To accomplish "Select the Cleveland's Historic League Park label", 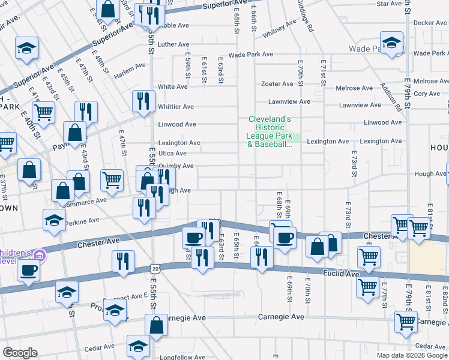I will click(x=270, y=131).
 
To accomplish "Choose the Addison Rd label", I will click(x=390, y=98).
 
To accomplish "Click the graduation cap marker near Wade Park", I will click(x=392, y=43).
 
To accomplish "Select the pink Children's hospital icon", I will click(x=40, y=256).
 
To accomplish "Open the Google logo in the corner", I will click(x=20, y=353).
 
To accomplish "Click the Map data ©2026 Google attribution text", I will click(x=412, y=355).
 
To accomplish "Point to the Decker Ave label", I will click(x=430, y=23).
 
